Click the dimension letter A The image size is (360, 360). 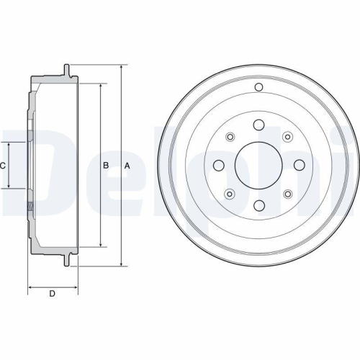click(127, 166)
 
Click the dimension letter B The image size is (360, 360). click(106, 166)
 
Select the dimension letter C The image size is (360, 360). click(3, 166)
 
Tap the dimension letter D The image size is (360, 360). click(52, 293)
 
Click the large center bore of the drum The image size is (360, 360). click(258, 165)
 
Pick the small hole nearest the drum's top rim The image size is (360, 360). click(258, 88)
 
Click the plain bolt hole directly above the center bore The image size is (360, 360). click(258, 124)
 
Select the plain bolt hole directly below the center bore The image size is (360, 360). click(258, 207)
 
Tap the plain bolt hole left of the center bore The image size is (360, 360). click(217, 165)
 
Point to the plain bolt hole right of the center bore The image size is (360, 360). click(300, 165)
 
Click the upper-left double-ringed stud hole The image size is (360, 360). click(230, 137)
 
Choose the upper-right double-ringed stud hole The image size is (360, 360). click(287, 137)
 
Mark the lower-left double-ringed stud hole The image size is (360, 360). click(230, 194)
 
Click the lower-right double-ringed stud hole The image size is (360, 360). click(287, 194)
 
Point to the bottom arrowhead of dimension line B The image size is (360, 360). click(99, 245)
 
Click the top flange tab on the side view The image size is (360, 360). click(66, 71)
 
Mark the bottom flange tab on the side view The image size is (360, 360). click(66, 260)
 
